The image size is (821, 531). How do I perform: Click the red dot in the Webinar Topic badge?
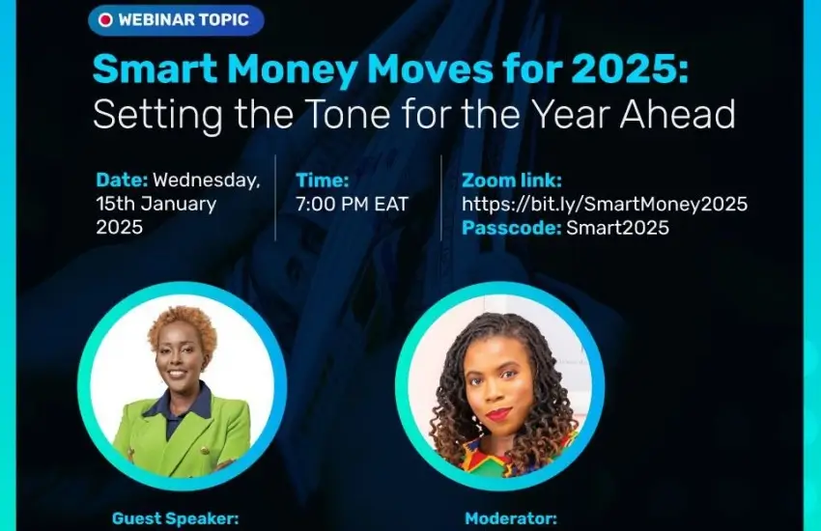pos(106,20)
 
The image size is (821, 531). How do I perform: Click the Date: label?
pos(122,180)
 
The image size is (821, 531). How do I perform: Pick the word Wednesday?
pos(207,181)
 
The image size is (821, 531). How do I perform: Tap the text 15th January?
pos(156,204)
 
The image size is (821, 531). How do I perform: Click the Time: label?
pos(323,180)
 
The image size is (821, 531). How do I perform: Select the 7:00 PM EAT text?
pos(353,204)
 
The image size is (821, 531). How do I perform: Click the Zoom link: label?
pos(512,180)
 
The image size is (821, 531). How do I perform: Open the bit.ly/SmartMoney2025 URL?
pos(605,204)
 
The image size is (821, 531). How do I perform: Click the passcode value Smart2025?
pos(618,228)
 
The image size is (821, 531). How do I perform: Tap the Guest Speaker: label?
pos(176,518)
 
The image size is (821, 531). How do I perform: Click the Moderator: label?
pos(511,518)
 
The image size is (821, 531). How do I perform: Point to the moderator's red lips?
pos(498,415)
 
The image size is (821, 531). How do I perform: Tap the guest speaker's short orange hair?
pos(183,324)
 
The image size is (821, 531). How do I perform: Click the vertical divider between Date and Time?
pos(275,198)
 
